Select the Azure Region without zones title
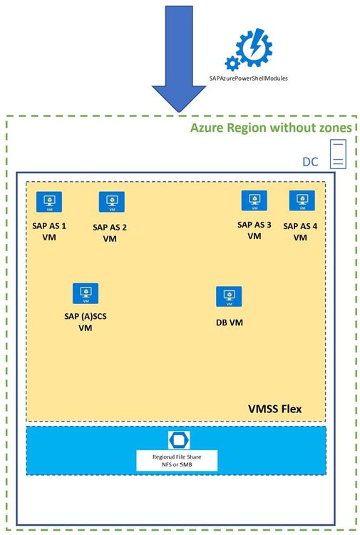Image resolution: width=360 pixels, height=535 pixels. pyautogui.click(x=271, y=128)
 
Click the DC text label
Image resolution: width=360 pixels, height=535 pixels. pyautogui.click(x=310, y=162)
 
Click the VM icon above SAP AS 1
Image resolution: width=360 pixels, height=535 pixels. pyautogui.click(x=49, y=203)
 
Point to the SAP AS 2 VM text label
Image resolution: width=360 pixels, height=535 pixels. pyautogui.click(x=110, y=233)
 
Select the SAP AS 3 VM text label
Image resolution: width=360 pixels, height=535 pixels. pyautogui.click(x=254, y=230)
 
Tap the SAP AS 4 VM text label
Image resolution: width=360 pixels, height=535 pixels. pyautogui.click(x=301, y=231)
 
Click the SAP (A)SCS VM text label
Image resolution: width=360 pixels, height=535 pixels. pyautogui.click(x=86, y=322)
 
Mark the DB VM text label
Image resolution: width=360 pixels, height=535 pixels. pyautogui.click(x=230, y=322)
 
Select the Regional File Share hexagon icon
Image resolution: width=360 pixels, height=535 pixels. pyautogui.click(x=176, y=439)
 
